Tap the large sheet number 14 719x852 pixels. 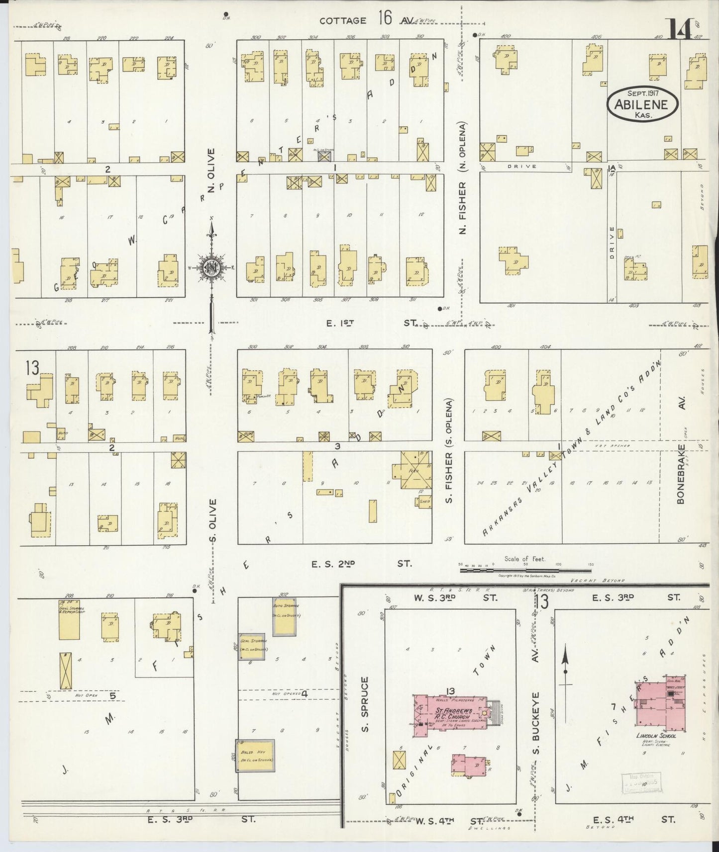tap(680, 31)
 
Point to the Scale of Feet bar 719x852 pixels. tap(524, 565)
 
